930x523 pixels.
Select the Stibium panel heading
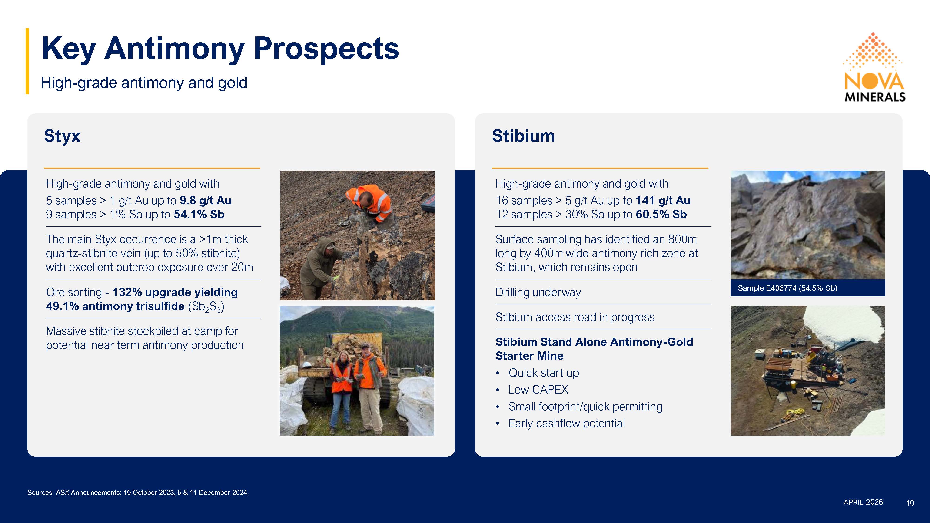523,136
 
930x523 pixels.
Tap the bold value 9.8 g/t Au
206,200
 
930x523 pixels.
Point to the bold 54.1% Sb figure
199,214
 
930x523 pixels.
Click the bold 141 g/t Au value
663,200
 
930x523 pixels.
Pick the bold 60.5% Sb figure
661,214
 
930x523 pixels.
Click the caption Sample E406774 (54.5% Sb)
787,288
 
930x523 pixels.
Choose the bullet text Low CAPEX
538,389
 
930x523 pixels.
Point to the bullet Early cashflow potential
566,423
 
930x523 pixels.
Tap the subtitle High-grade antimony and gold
144,83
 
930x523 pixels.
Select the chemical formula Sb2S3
206,307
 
